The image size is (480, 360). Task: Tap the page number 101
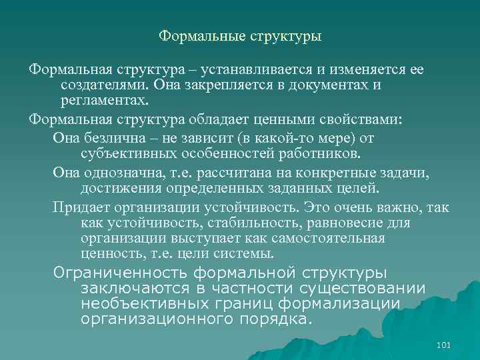[x=443, y=345]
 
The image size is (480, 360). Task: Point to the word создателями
[x=103, y=85]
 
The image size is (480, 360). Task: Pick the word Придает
[x=79, y=207]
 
